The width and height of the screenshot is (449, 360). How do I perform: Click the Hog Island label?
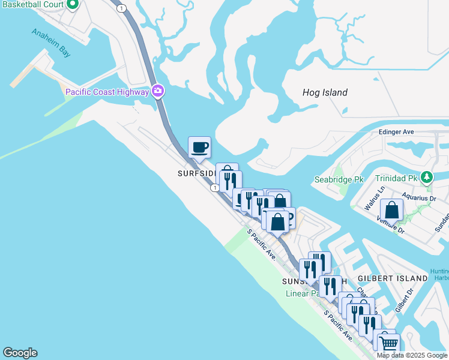325,92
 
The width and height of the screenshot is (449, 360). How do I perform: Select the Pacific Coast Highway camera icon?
158,92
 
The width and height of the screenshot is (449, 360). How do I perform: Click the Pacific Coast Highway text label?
107,92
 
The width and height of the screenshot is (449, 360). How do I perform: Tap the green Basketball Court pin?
73,4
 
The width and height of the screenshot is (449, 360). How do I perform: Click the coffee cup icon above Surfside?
199,147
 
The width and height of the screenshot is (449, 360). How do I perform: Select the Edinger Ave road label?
396,131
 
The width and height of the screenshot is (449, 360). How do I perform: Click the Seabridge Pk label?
339,179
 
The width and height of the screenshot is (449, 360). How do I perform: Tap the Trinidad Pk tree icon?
427,178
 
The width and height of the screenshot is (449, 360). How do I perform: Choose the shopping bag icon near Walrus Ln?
391,211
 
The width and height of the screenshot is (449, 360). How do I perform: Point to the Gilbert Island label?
393,278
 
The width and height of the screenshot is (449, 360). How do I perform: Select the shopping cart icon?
388,344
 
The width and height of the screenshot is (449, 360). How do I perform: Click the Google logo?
20,353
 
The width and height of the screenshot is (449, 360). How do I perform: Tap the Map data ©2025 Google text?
411,355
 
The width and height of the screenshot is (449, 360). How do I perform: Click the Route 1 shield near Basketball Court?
122,8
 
